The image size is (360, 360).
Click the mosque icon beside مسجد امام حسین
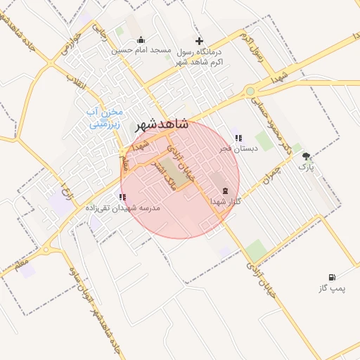click(x=141, y=39)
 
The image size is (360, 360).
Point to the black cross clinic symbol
click(x=199, y=41)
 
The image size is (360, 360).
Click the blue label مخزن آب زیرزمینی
click(x=104, y=117)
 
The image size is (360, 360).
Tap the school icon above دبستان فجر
click(x=238, y=138)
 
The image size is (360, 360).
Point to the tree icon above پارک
click(x=305, y=156)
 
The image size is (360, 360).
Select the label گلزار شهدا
click(x=226, y=202)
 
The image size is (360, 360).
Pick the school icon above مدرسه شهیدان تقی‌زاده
click(x=122, y=197)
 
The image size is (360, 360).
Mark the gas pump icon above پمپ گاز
click(x=331, y=278)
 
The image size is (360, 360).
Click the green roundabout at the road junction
click(x=250, y=91)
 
